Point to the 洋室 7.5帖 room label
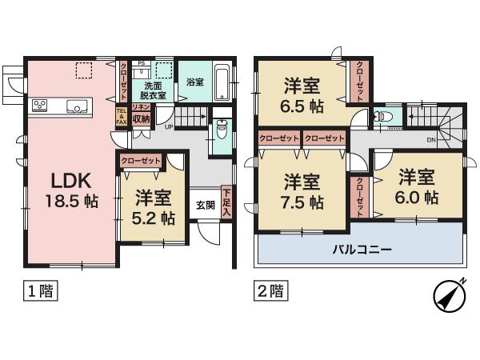[x=302, y=191]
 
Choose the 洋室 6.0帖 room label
[x=418, y=185]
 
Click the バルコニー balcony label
[x=362, y=250]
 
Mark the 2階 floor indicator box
[x=270, y=291]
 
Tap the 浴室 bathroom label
[x=195, y=82]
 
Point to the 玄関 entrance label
[x=205, y=204]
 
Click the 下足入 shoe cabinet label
[x=228, y=198]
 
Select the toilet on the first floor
[x=222, y=130]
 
